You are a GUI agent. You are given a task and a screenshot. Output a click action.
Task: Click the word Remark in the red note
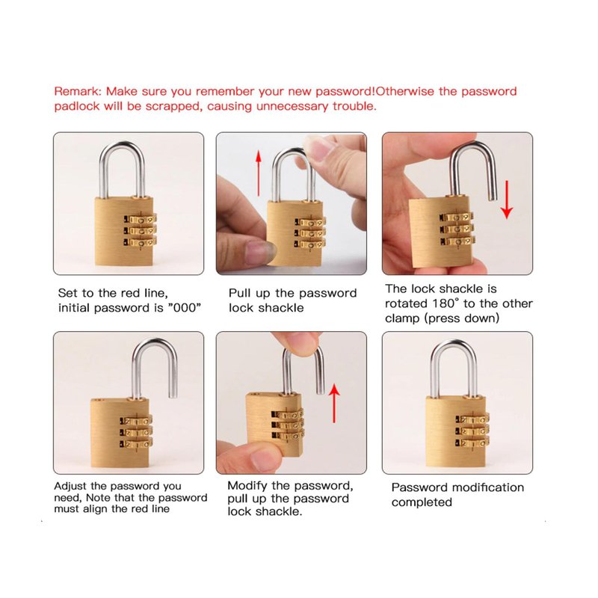click(78, 91)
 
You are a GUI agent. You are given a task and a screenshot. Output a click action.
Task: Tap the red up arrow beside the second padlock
click(259, 173)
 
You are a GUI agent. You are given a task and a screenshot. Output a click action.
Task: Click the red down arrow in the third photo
click(507, 200)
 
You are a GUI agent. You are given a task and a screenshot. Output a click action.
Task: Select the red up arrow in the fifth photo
click(334, 403)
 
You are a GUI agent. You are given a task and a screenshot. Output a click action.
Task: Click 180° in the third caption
click(446, 303)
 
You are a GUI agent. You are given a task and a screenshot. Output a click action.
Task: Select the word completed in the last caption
click(422, 502)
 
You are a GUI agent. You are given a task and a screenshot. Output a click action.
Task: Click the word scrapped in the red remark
click(173, 106)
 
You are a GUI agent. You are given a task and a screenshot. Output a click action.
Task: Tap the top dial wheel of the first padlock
click(141, 220)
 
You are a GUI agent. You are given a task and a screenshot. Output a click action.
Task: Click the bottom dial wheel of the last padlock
click(472, 443)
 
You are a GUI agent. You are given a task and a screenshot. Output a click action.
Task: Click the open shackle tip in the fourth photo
click(173, 395)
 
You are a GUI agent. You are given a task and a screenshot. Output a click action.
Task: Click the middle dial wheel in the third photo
click(457, 229)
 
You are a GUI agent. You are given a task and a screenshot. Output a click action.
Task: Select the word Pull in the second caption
click(239, 293)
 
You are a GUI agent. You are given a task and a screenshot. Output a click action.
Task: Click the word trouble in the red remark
click(354, 106)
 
